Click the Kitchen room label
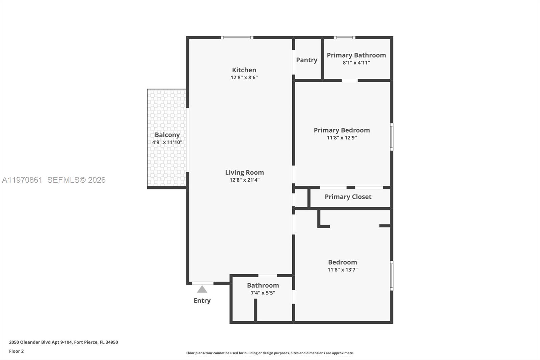click(x=244, y=70)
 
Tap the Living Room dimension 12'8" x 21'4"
click(x=244, y=180)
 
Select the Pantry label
click(x=306, y=60)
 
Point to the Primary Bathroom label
click(x=356, y=55)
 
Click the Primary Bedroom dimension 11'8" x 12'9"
click(x=342, y=138)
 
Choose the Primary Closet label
click(x=348, y=197)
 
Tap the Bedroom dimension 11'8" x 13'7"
click(x=342, y=270)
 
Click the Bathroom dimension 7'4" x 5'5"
click(x=263, y=293)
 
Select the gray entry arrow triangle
click(x=202, y=289)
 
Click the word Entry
click(x=202, y=301)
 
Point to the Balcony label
click(x=167, y=135)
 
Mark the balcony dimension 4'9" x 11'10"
click(x=167, y=143)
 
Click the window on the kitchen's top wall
click(x=237, y=37)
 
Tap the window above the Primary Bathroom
click(x=344, y=37)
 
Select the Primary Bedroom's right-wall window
click(x=391, y=137)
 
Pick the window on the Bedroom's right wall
click(x=391, y=275)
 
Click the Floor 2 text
click(x=16, y=351)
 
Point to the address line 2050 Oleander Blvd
click(x=63, y=342)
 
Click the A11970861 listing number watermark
click(x=22, y=180)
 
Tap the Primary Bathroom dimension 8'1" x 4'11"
click(x=356, y=63)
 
